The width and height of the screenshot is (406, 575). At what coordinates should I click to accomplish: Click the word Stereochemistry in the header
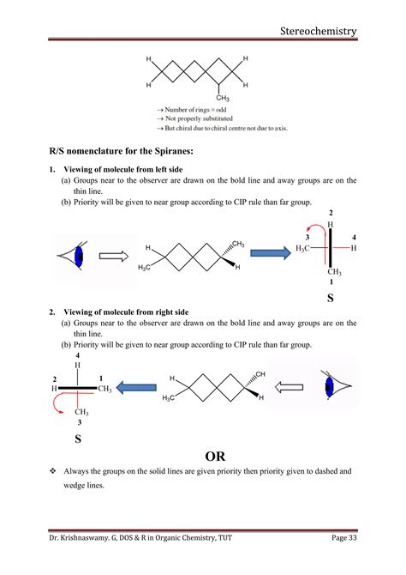click(x=318, y=32)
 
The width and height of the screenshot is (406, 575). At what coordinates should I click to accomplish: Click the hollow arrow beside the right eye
click(x=289, y=387)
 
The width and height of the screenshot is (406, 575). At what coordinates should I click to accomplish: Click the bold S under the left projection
click(x=78, y=438)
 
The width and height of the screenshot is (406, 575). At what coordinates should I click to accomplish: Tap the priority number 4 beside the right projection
click(x=354, y=236)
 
